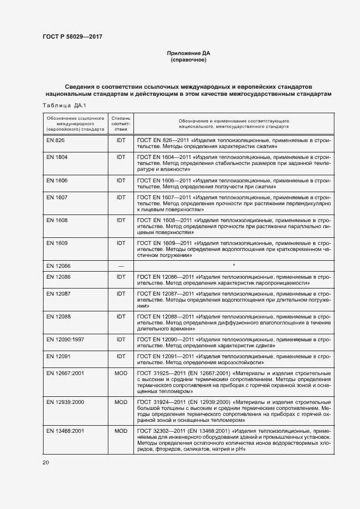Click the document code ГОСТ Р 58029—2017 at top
(x=72, y=36)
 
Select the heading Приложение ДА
(x=188, y=53)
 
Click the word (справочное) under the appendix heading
(x=188, y=60)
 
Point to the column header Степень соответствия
(x=120, y=124)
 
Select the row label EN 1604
(x=57, y=157)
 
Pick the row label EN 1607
(x=57, y=197)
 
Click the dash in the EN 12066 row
(x=120, y=266)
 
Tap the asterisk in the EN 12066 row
(x=234, y=265)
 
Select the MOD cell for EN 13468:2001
(x=120, y=431)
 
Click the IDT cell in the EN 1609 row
(x=120, y=243)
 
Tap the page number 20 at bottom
(x=45, y=462)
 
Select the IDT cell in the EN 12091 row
(x=120, y=356)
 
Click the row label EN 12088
(x=58, y=317)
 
